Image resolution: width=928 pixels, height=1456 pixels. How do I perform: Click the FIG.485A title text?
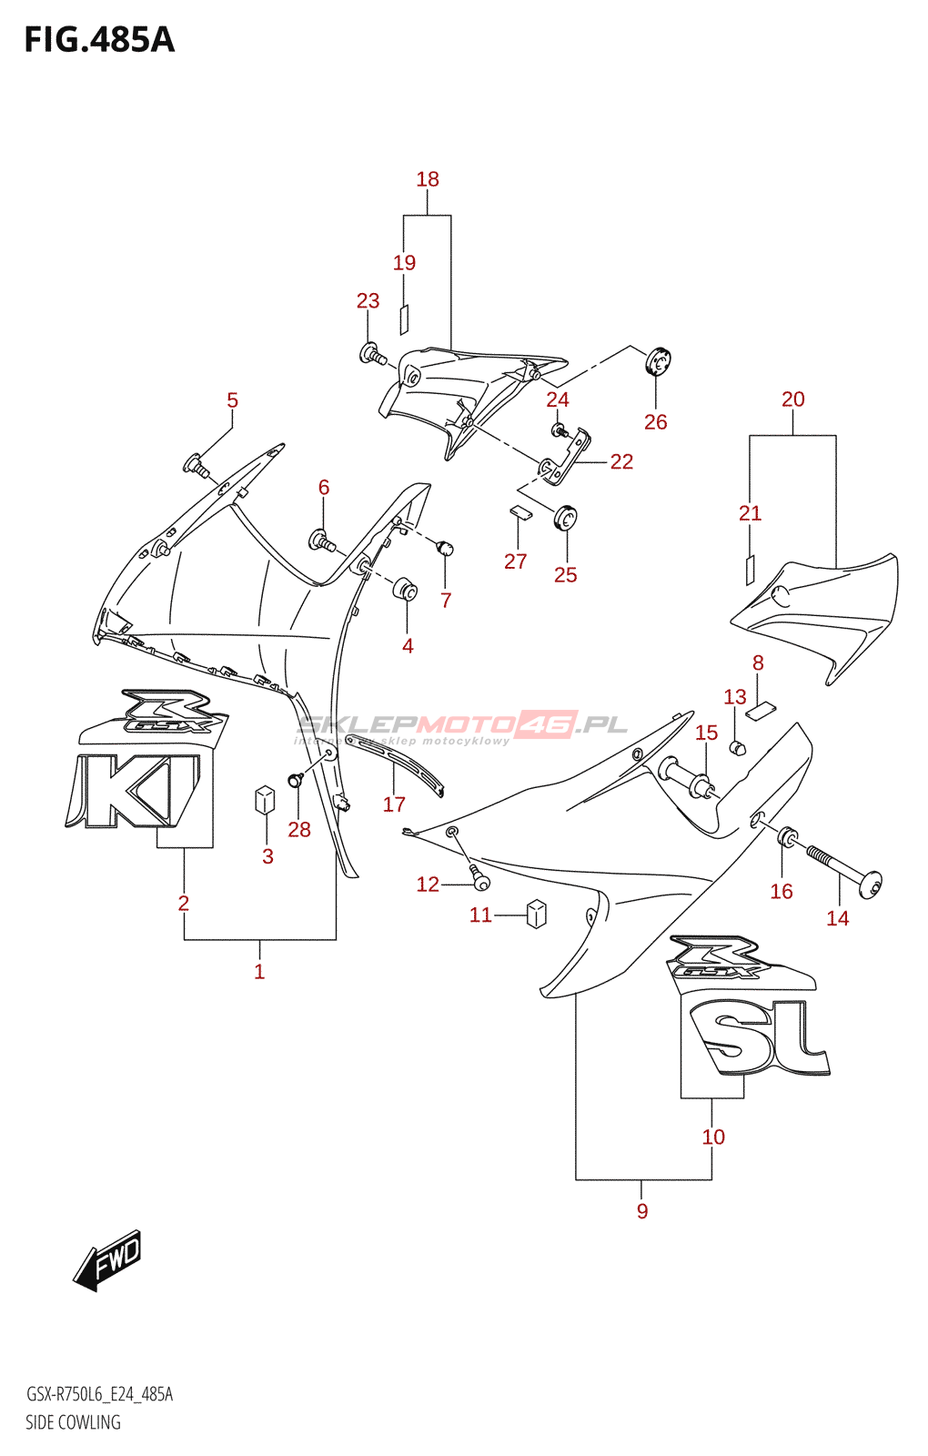coord(99,40)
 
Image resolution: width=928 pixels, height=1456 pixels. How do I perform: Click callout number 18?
coord(428,179)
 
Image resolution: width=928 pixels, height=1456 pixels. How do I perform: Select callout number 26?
coord(655,421)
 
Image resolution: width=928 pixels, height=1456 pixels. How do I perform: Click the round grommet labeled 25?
coord(566,518)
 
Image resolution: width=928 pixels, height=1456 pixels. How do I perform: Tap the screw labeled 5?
coord(197,466)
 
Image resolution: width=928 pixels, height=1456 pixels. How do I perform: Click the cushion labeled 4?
coord(406,590)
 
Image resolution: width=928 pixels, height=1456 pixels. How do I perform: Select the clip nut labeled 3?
coord(265,799)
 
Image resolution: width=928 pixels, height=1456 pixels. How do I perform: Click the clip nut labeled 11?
coord(537,913)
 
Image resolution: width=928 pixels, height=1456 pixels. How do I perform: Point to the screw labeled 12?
coord(479,879)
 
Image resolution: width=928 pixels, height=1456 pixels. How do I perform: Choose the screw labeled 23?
coord(372,354)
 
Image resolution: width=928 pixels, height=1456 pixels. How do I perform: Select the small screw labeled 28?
coord(296,781)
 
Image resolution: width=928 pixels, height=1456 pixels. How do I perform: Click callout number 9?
coord(642,1210)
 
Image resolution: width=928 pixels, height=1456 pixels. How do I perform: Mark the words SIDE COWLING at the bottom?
coord(73,1422)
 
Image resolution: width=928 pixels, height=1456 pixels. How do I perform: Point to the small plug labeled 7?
coord(445,548)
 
